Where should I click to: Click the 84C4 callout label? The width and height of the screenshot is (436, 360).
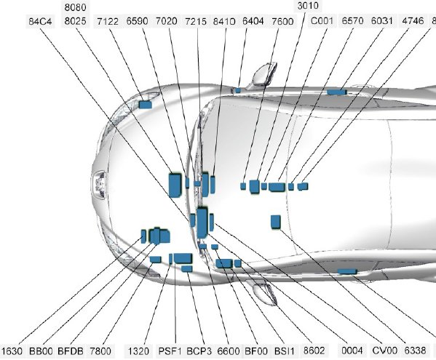40,22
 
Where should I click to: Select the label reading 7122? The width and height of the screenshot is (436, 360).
108,21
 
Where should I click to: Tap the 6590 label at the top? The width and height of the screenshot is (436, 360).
137,21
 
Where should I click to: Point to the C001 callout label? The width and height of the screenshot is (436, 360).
322,21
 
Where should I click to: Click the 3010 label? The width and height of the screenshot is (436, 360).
308,6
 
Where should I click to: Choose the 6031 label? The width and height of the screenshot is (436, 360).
382,21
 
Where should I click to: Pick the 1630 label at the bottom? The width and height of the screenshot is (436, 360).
12,351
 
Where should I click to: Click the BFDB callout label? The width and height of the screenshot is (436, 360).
71,351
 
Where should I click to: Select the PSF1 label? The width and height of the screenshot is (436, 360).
170,351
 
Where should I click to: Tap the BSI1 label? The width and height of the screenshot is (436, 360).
284,351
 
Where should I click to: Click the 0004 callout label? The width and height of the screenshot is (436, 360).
352,351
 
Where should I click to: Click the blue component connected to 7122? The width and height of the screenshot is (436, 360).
146,105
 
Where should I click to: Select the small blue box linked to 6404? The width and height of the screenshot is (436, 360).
238,90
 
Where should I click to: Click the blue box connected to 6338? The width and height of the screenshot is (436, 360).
347,271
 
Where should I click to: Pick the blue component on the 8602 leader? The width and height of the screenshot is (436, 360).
238,263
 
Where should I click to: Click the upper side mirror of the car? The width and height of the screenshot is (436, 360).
263,74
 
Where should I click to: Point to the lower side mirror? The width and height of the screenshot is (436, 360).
264,292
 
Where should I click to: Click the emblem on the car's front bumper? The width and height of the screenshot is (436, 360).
99,185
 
